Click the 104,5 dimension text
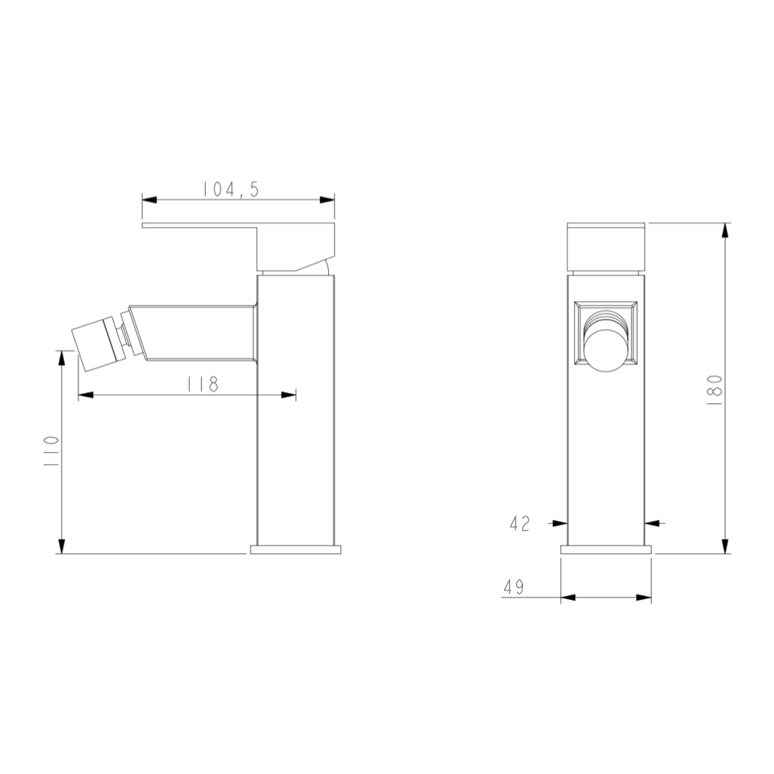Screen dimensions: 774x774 (231, 189)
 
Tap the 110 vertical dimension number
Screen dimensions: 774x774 (51, 450)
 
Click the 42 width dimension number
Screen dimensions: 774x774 (520, 524)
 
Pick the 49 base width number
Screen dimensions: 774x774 (513, 587)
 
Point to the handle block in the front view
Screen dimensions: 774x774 (606, 246)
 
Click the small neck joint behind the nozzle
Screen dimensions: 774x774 (122, 337)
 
